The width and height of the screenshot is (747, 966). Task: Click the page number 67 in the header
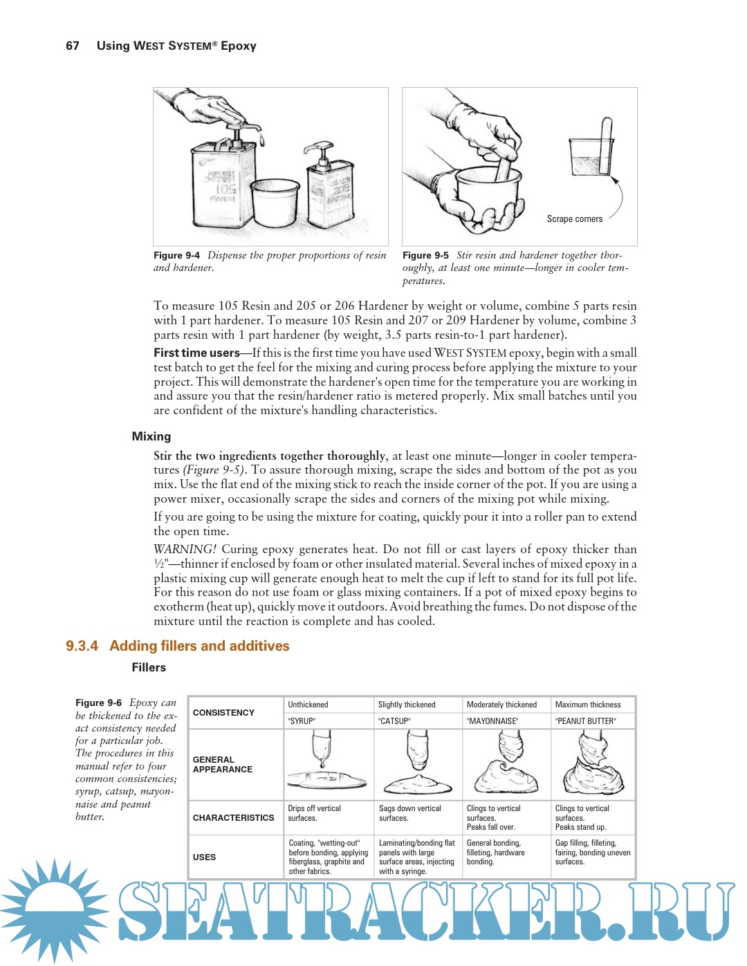click(73, 46)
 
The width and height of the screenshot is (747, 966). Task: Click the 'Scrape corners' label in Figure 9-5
click(574, 219)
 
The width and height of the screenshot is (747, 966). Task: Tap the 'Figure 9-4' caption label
click(176, 255)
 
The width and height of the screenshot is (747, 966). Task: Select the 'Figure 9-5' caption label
click(425, 255)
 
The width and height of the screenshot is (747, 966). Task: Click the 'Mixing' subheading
click(151, 436)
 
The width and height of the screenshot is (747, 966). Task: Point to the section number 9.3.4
click(82, 646)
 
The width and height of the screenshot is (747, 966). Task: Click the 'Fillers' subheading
click(149, 667)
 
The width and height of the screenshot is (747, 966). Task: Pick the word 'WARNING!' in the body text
click(185, 549)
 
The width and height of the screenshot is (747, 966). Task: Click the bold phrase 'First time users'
click(196, 353)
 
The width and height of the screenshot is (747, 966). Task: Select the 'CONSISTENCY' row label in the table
click(223, 713)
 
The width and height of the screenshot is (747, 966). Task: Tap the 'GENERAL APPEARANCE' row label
click(222, 764)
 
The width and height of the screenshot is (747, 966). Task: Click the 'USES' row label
click(204, 857)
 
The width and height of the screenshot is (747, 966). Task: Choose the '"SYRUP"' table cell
click(302, 721)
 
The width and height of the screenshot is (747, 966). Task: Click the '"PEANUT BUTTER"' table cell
click(586, 721)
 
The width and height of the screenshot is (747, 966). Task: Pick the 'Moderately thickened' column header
click(501, 705)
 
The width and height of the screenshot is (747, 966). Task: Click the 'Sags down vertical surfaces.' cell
click(409, 813)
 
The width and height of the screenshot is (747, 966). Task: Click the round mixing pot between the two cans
click(275, 204)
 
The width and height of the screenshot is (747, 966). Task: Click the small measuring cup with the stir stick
click(591, 152)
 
